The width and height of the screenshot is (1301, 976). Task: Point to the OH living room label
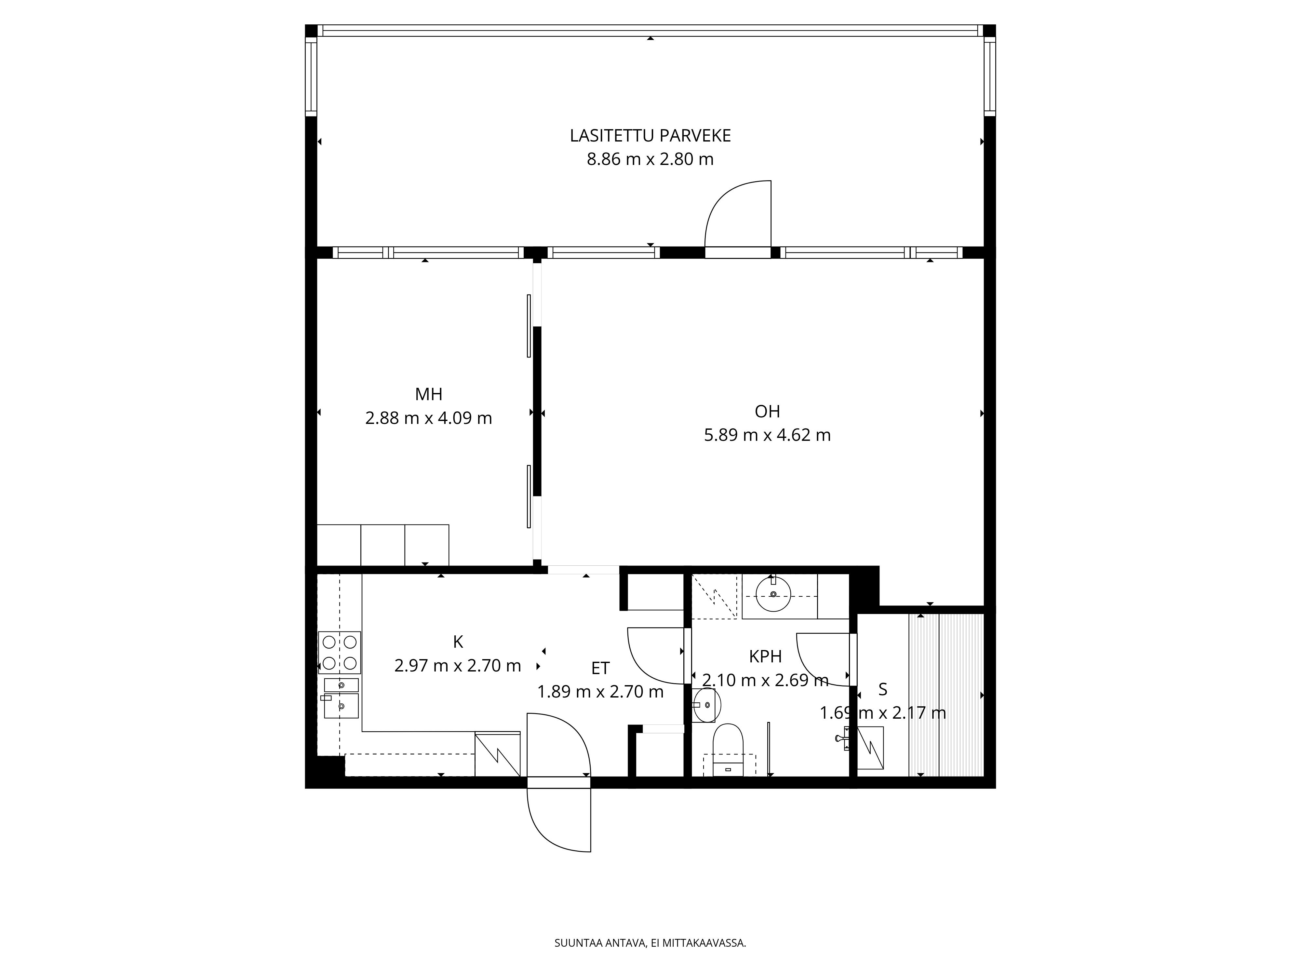[768, 411]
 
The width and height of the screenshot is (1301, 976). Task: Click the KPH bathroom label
[765, 657]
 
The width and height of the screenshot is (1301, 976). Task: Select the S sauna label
[883, 689]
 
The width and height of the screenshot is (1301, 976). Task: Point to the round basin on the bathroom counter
[773, 594]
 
